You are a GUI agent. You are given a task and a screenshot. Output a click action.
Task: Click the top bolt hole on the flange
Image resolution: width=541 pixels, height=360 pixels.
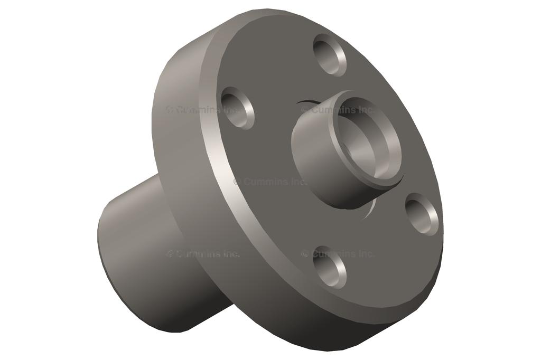(330, 55)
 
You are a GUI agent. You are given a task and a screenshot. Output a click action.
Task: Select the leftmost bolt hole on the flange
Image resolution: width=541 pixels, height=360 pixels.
(238, 108)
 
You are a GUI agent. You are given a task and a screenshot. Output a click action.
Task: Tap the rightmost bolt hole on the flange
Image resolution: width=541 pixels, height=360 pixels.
(422, 214)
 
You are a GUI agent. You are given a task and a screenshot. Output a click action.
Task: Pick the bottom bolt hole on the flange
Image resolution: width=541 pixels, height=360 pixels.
(330, 267)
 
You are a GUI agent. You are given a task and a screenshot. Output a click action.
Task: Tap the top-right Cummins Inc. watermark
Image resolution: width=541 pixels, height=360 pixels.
(338, 110)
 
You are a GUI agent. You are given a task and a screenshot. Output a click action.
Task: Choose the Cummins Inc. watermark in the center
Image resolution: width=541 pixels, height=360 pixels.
(270, 182)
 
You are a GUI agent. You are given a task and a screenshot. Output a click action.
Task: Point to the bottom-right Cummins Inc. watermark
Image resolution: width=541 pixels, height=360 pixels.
(338, 254)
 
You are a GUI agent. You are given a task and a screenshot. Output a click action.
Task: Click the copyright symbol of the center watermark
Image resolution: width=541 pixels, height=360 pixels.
(237, 182)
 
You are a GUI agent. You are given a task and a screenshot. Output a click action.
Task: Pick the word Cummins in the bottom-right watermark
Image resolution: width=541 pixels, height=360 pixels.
(333, 254)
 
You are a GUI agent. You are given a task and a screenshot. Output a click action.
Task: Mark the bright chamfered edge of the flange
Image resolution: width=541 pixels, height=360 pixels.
(222, 174)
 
